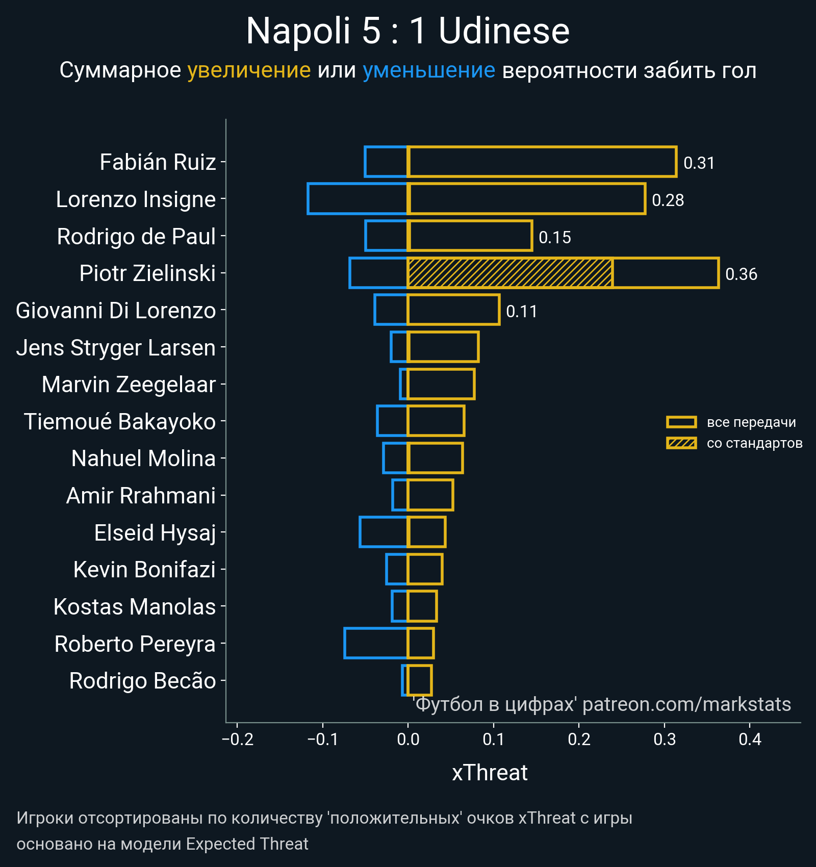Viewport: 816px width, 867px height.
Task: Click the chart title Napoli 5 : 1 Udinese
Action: pyautogui.click(x=407, y=32)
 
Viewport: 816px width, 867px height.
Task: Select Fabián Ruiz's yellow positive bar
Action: pyautogui.click(x=542, y=162)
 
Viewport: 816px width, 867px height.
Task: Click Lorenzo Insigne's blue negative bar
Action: pyautogui.click(x=358, y=199)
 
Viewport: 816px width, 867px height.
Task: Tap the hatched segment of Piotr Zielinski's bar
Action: pyautogui.click(x=510, y=273)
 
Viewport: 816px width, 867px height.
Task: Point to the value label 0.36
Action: pyautogui.click(x=741, y=274)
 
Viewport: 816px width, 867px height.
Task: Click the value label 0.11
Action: pyautogui.click(x=521, y=312)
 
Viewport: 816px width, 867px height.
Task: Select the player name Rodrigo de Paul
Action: pyautogui.click(x=136, y=237)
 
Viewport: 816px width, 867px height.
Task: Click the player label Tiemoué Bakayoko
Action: pyautogui.click(x=120, y=422)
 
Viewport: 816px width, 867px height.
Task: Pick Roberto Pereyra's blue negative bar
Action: pyautogui.click(x=376, y=643)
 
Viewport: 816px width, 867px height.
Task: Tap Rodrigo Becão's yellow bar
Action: pyautogui.click(x=420, y=680)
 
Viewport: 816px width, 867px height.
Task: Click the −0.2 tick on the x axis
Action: pyautogui.click(x=238, y=739)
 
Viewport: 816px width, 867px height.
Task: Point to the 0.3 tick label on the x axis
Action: pyautogui.click(x=665, y=739)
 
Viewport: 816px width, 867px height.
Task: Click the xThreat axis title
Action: pyautogui.click(x=490, y=773)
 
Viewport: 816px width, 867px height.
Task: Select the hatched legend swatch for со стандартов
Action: pyautogui.click(x=681, y=443)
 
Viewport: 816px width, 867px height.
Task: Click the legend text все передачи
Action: pyautogui.click(x=751, y=422)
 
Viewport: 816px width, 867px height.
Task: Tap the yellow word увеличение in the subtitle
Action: pyautogui.click(x=249, y=70)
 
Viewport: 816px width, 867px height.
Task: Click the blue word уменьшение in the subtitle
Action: pyautogui.click(x=428, y=70)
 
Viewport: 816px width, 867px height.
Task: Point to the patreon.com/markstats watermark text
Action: pyautogui.click(x=686, y=704)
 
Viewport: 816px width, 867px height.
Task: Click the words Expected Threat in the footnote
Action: pyautogui.click(x=247, y=844)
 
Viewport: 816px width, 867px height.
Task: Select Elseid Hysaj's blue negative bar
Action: pyautogui.click(x=384, y=532)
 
